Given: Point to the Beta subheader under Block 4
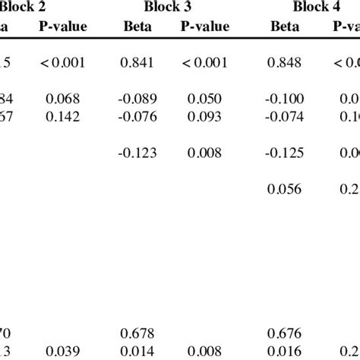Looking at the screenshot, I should point(286,27).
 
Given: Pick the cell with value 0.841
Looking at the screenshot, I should point(137,65).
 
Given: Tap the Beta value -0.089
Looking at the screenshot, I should point(137,99).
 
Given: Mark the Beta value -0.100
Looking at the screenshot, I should point(286,99).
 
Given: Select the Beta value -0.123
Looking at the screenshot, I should point(137,153).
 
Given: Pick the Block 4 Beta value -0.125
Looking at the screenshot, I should point(286,153).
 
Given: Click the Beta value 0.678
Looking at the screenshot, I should point(137,333).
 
